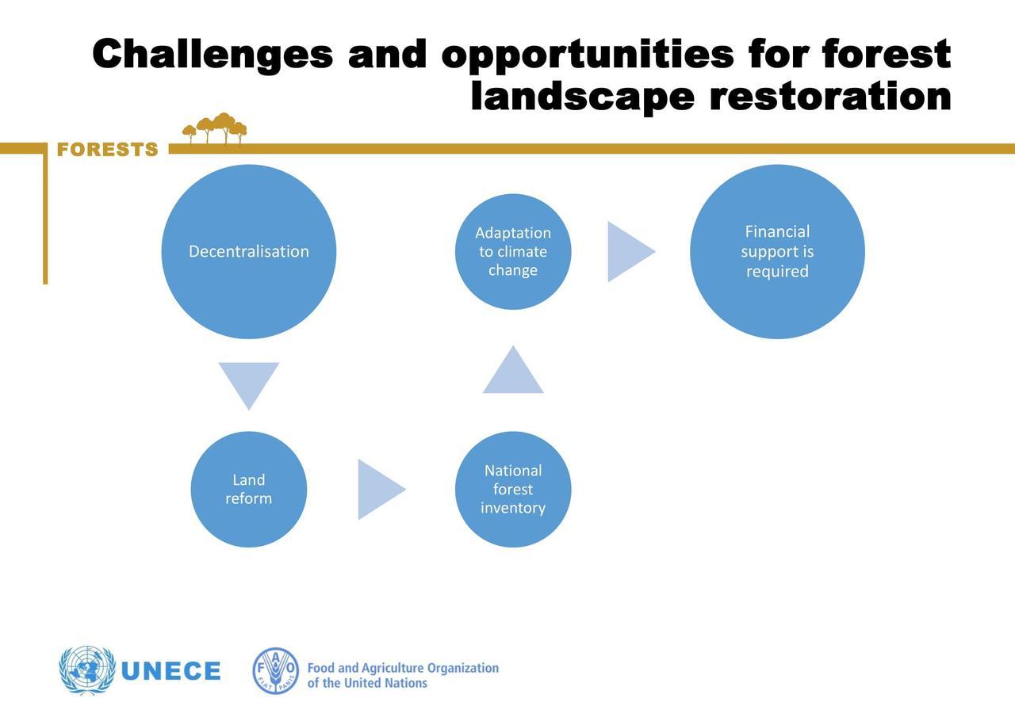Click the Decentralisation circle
[x=249, y=251]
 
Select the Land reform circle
[x=249, y=489]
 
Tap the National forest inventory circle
[x=513, y=489]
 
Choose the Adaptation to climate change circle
[x=513, y=251]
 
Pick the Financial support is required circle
[x=777, y=251]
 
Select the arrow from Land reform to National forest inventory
[x=378, y=489]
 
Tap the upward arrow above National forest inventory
[x=513, y=372]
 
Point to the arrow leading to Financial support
[x=628, y=251]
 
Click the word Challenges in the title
[x=213, y=55]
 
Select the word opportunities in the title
[x=588, y=55]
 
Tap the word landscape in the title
[x=583, y=97]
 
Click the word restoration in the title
[x=830, y=97]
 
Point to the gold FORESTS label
[x=107, y=150]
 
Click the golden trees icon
[x=214, y=128]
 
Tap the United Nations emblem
[x=87, y=670]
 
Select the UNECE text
[x=170, y=671]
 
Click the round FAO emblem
[x=275, y=670]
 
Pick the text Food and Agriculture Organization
[x=403, y=669]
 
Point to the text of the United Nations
[x=367, y=683]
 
